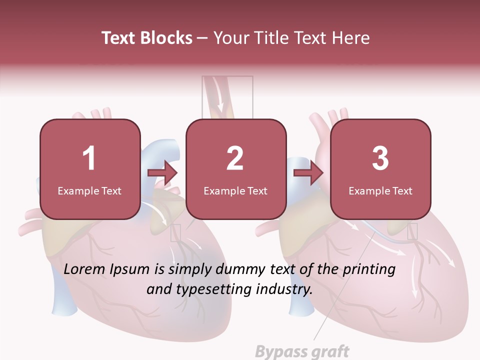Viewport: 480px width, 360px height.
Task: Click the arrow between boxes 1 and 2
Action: click(x=163, y=173)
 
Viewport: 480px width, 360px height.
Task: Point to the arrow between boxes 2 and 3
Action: click(x=308, y=173)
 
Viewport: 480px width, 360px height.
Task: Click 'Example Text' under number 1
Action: click(x=89, y=190)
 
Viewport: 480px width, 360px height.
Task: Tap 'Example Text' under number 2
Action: click(x=235, y=190)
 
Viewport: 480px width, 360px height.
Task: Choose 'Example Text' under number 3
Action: click(x=380, y=190)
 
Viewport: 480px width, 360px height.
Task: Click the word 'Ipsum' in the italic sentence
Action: click(x=129, y=270)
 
